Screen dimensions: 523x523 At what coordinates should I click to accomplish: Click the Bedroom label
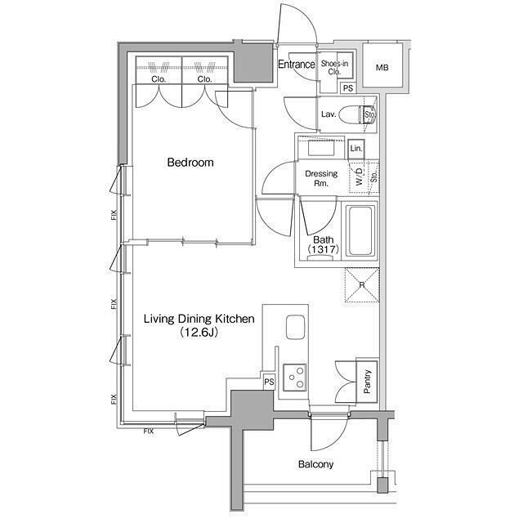[x=190, y=163]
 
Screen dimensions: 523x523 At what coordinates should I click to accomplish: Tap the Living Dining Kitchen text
[x=199, y=319]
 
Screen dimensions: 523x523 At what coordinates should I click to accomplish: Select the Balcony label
[x=315, y=464]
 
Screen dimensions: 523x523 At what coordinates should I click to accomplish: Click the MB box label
[x=382, y=68]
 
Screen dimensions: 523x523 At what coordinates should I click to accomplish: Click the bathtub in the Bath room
[x=360, y=230]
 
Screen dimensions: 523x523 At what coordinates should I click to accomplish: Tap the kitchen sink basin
[x=295, y=327]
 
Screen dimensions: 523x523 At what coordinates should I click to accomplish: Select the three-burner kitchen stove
[x=295, y=378]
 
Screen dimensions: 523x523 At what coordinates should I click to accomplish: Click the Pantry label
[x=367, y=382]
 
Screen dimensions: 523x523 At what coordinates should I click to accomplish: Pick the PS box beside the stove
[x=269, y=382]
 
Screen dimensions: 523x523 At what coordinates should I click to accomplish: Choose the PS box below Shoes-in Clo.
[x=348, y=88]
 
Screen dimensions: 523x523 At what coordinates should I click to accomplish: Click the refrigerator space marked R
[x=362, y=285]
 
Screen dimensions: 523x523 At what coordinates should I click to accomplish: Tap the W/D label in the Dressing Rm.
[x=359, y=177]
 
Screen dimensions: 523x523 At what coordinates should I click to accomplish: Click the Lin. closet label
[x=356, y=149]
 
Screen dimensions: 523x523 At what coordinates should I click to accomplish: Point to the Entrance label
[x=297, y=64]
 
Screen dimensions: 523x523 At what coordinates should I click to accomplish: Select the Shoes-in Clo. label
[x=334, y=67]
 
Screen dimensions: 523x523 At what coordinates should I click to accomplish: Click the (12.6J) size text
[x=199, y=333]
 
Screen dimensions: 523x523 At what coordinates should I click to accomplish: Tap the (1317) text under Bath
[x=324, y=248]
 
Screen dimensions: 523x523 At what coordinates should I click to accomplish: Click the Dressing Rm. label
[x=321, y=178]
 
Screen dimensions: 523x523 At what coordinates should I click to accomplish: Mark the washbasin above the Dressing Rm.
[x=321, y=148]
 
